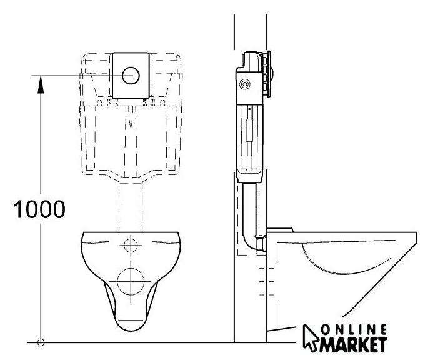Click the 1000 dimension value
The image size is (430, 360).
point(39,209)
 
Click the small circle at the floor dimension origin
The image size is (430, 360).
point(41,342)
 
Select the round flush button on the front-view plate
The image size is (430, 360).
point(131,75)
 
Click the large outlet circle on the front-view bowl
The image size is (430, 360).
point(131,281)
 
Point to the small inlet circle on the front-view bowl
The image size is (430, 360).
point(131,245)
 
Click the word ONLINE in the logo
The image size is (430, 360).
point(354,329)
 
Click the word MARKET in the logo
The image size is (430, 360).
point(354,344)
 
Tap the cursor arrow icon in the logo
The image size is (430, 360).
point(311,337)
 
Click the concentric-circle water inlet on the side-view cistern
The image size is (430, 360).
point(244,84)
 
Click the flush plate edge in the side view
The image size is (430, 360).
point(269,74)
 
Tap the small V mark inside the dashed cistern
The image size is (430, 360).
point(131,123)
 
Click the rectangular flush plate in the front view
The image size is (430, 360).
point(131,76)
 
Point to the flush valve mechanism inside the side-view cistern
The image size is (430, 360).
point(249,137)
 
